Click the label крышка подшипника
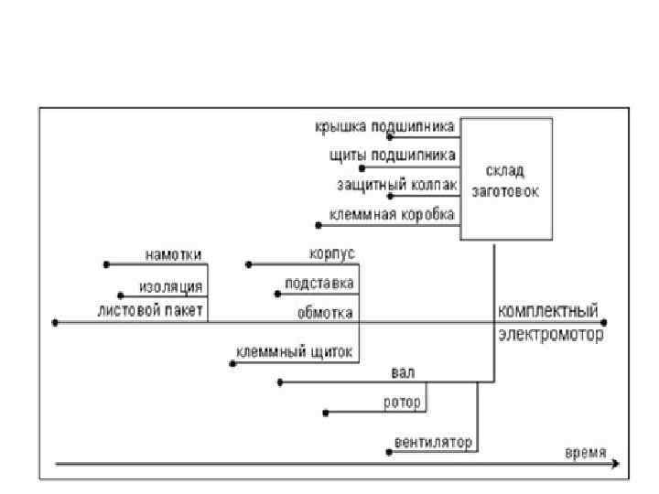(x=385, y=128)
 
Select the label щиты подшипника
(x=393, y=156)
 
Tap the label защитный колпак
(x=397, y=185)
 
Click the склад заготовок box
(x=506, y=179)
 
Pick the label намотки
(x=173, y=254)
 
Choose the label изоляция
(x=171, y=286)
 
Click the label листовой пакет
(x=152, y=311)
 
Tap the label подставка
(x=319, y=283)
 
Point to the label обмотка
(x=325, y=312)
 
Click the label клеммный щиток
(x=295, y=352)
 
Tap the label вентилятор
(x=433, y=442)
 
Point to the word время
(x=584, y=453)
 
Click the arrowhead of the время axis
(x=615, y=465)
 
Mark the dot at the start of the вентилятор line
(x=390, y=452)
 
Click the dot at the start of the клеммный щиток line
(x=232, y=364)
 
